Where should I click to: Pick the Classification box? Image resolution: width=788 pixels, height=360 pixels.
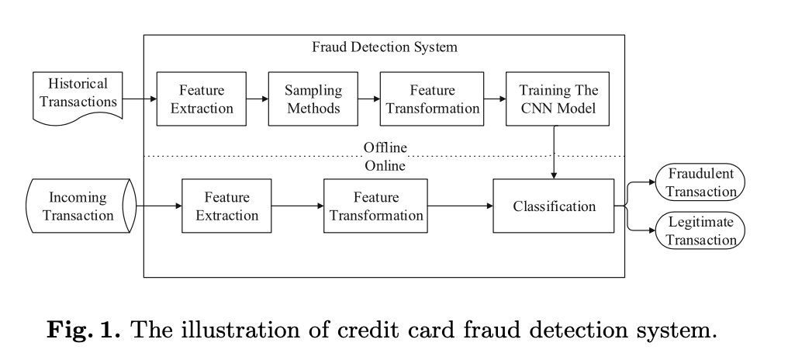coord(554,206)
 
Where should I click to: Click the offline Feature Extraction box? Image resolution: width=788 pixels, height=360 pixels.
coord(201,99)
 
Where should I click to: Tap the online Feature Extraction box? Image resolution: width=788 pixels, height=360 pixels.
coord(226,206)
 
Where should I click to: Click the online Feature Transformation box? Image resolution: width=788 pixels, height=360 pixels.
coord(375,206)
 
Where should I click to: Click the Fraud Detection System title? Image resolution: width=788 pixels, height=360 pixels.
coord(384,47)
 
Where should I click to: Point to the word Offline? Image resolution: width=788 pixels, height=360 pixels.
coord(385,147)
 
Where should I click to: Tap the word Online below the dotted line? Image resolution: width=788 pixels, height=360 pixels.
coord(385,164)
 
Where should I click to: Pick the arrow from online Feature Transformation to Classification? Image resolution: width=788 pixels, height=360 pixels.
coord(460,206)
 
